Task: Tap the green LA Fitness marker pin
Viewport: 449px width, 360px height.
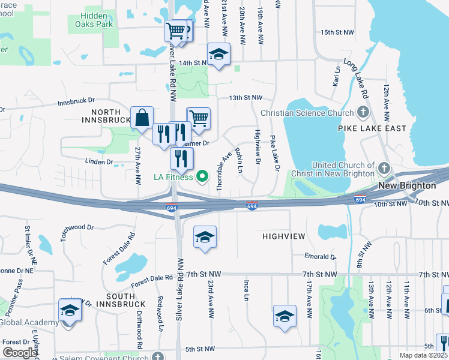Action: click(202, 176)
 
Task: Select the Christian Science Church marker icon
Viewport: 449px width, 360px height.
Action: click(363, 112)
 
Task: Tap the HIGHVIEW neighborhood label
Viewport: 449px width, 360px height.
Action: click(285, 237)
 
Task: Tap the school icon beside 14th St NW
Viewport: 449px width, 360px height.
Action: click(218, 55)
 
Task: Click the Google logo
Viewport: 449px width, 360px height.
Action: click(20, 353)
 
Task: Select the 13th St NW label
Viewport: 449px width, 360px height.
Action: click(245, 97)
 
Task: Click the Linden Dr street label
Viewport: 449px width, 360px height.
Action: click(100, 161)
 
